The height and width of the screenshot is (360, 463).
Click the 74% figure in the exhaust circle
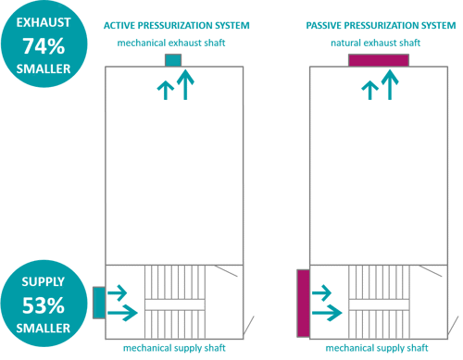tap(44, 46)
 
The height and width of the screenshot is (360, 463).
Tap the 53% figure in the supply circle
tap(44, 305)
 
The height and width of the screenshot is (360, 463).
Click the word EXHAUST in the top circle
tap(44, 22)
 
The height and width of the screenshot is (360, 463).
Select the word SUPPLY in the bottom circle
tap(44, 282)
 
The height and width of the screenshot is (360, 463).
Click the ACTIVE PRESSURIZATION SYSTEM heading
tap(177, 26)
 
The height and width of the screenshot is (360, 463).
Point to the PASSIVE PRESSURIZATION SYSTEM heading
tap(381, 26)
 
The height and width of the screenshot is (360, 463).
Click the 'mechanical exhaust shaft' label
tap(171, 43)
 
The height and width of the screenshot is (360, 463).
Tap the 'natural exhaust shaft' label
tap(376, 43)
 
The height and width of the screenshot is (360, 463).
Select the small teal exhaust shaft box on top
tap(173, 60)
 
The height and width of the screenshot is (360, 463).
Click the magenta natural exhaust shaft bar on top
tap(379, 60)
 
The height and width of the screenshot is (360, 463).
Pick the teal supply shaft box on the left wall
tap(99, 303)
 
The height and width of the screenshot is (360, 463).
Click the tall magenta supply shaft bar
tap(304, 304)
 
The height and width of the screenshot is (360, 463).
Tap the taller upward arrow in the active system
tap(185, 85)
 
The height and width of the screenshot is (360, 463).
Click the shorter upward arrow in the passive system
tap(369, 91)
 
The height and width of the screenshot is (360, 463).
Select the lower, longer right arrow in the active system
tap(122, 313)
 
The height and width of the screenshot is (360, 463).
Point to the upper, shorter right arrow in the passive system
tap(321, 292)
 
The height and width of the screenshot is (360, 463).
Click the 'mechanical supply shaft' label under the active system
tap(174, 348)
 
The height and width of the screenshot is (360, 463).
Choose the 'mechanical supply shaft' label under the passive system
tap(377, 348)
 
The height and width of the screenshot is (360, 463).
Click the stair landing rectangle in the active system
tap(175, 304)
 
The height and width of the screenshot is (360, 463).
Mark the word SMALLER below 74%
tap(44, 68)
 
